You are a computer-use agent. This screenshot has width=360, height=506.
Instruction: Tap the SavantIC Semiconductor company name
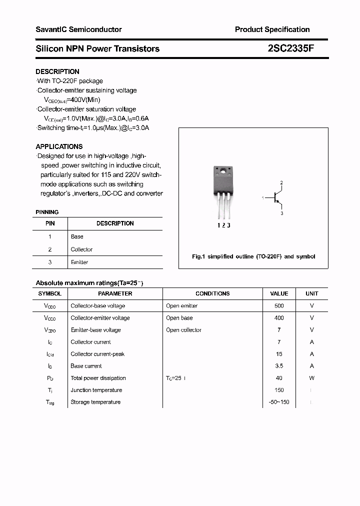tap(78, 29)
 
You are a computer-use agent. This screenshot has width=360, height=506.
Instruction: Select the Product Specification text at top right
tap(272, 29)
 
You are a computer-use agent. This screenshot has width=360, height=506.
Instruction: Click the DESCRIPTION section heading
tap(57, 71)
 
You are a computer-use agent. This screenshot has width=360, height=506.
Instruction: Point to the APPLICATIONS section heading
tap(59, 146)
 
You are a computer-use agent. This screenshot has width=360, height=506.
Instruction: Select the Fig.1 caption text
tap(253, 256)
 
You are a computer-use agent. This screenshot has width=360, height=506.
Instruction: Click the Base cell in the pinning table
tap(77, 236)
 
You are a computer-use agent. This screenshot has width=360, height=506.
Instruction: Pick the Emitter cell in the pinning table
tap(79, 262)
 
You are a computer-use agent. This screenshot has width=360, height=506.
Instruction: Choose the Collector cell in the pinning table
tap(81, 249)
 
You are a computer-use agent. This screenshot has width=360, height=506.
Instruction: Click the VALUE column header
tap(279, 293)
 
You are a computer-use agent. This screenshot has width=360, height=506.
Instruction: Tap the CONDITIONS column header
tap(212, 293)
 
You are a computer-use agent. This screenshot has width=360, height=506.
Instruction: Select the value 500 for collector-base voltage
tap(279, 305)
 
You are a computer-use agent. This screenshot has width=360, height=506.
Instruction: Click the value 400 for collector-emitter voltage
tap(279, 318)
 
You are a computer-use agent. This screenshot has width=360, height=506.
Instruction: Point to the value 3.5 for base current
tap(279, 366)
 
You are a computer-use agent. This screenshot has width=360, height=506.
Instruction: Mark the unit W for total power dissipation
tap(311, 378)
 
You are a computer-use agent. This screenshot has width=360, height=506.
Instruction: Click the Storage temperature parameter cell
tap(95, 402)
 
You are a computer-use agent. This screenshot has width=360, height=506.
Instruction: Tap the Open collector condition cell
tap(183, 330)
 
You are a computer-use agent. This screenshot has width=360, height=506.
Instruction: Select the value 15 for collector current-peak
tap(279, 354)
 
